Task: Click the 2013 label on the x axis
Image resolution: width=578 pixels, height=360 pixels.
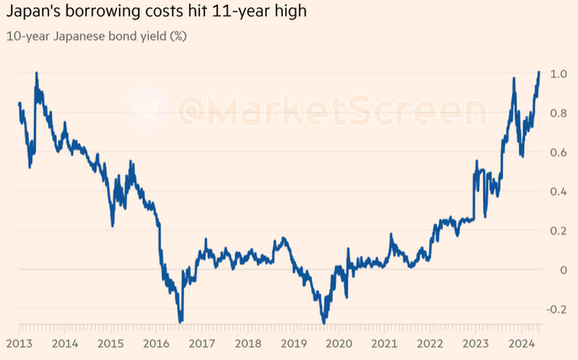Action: tap(19, 342)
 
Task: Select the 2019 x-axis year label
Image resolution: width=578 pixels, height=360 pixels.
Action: tap(295, 342)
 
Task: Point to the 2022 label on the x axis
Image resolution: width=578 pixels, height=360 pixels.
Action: tap(430, 342)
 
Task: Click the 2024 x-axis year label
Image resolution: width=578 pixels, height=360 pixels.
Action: tap(520, 342)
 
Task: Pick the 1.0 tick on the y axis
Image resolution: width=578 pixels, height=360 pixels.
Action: tap(558, 74)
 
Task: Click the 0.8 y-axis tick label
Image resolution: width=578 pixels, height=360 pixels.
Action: tap(558, 114)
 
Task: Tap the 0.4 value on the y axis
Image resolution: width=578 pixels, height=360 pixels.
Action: tap(558, 192)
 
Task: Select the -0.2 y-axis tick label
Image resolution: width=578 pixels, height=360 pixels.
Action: tap(556, 310)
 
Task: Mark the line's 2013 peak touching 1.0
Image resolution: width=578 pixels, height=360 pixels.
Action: tap(36, 73)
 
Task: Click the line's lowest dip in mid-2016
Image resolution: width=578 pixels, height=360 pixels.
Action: tap(180, 320)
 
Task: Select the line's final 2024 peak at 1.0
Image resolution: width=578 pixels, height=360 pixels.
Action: tap(538, 73)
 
